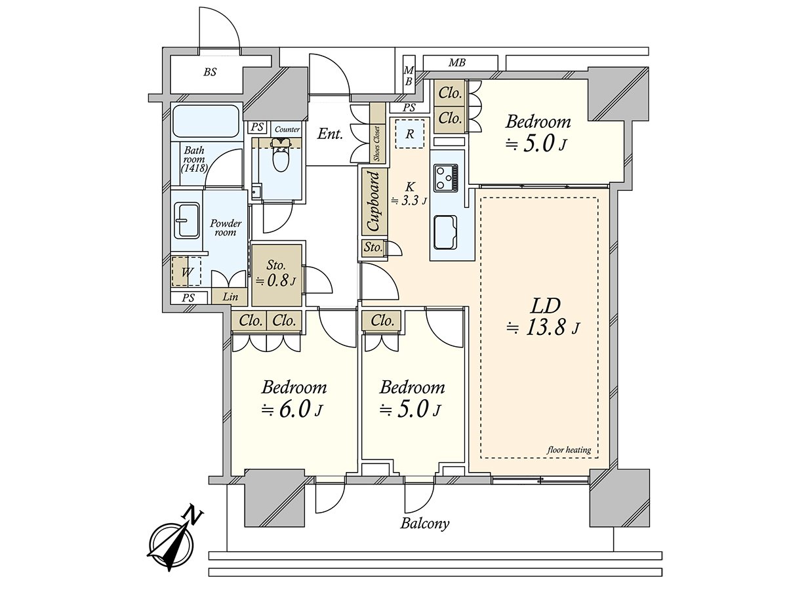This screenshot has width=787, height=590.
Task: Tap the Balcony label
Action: tap(425, 523)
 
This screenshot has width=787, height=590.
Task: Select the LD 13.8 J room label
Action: tap(544, 316)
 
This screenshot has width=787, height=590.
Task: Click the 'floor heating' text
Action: tap(569, 450)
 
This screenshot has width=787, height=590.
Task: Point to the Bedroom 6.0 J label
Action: tap(293, 398)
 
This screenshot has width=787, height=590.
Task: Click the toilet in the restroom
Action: tap(280, 156)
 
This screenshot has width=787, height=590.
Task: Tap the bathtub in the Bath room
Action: tap(205, 121)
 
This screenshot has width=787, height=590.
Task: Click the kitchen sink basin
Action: tap(447, 233)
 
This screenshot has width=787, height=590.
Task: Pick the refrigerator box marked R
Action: tap(409, 134)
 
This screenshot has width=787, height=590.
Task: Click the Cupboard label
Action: tap(373, 201)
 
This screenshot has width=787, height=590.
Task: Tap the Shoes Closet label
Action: tap(377, 143)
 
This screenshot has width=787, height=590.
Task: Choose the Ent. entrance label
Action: tap(330, 134)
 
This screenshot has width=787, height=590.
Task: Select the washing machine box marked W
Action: tap(186, 271)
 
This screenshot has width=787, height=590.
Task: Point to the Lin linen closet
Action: tap(230, 297)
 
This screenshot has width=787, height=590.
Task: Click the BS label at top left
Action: tap(209, 72)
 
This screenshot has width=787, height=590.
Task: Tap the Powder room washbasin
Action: tap(187, 221)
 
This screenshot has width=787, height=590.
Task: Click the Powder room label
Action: tap(226, 227)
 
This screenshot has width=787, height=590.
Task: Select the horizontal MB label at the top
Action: tap(457, 63)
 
